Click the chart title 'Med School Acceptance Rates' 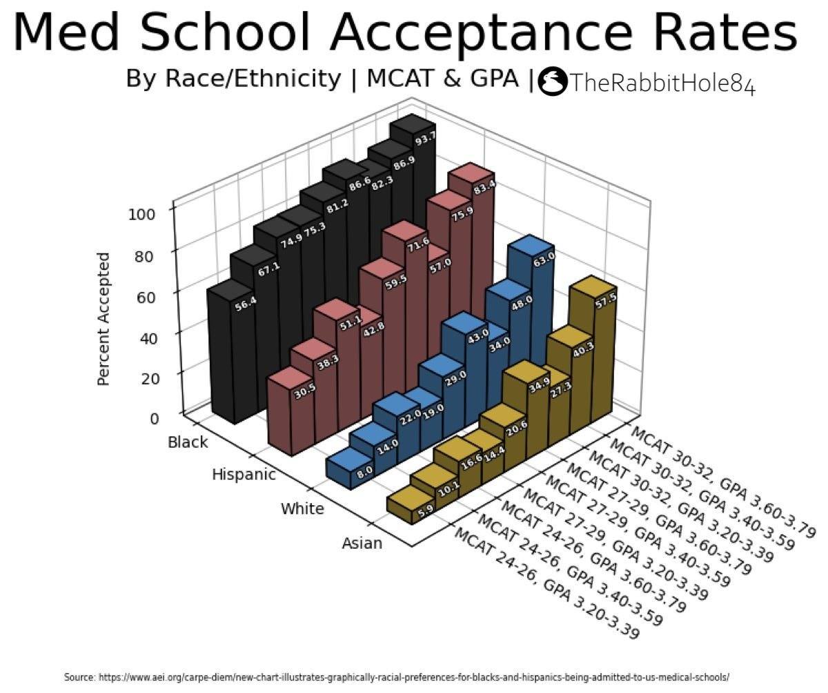(405, 32)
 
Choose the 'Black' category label (188, 442)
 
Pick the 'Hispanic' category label (244, 474)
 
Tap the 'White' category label (302, 509)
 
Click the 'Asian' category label (362, 543)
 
